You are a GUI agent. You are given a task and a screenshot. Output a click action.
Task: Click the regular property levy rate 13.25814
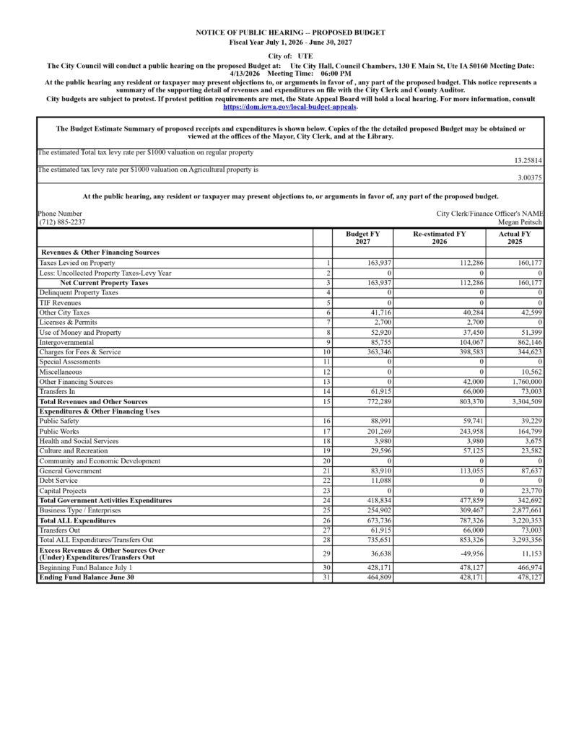tap(528, 160)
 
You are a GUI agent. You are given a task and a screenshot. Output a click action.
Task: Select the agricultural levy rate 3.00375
tap(530, 177)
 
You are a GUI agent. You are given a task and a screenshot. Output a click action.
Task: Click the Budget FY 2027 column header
tap(362, 238)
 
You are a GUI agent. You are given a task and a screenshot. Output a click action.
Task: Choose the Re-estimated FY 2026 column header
tap(439, 238)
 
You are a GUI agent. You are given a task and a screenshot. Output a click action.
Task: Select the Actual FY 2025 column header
tap(515, 238)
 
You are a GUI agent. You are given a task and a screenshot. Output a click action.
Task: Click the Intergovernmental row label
tap(66, 342)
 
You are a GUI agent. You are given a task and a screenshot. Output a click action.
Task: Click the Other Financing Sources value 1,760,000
tap(524, 382)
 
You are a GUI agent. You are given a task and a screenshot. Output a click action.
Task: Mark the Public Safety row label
tap(59, 421)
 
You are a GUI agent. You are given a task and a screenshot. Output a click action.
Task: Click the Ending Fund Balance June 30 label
tap(87, 577)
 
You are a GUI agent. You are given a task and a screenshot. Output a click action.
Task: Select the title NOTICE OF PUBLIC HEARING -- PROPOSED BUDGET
tap(290, 32)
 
